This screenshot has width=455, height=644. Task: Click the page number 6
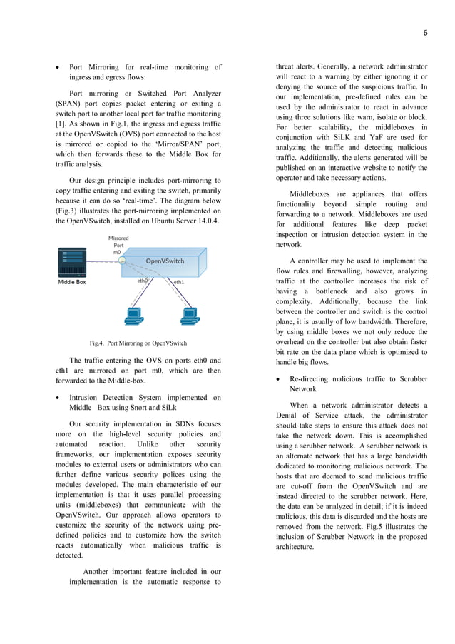[424, 32]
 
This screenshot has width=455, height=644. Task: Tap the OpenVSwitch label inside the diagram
[165, 261]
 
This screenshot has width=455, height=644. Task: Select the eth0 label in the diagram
[143, 281]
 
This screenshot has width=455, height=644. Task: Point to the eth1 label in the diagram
[179, 282]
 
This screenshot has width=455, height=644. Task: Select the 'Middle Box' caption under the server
[71, 283]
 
